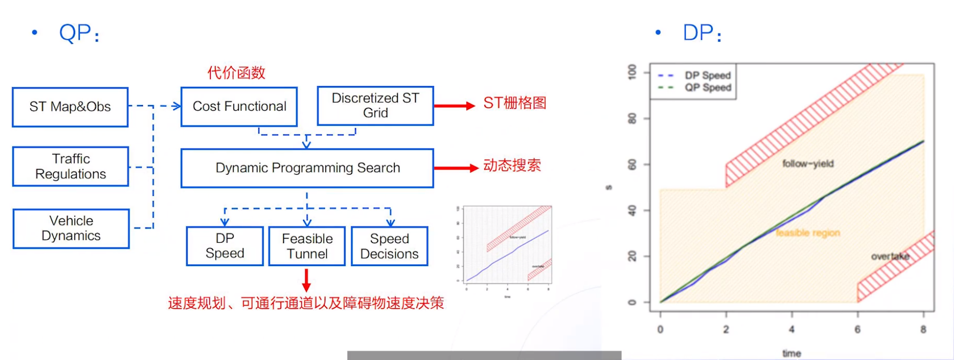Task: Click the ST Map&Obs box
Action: pos(70,107)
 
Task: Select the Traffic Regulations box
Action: pos(71,167)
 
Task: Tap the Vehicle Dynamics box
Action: pos(71,228)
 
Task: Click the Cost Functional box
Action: pos(239,107)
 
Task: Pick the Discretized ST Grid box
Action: pos(375,106)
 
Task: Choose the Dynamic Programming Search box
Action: pos(307,168)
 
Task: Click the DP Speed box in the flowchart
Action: pos(225,246)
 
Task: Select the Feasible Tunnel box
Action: pos(307,246)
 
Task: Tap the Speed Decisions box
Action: pos(389,246)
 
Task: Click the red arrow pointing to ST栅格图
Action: pos(454,106)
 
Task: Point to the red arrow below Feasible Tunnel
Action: pos(306,280)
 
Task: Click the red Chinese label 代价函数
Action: pos(236,73)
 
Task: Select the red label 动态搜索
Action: pos(512,166)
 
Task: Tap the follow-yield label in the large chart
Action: pos(808,163)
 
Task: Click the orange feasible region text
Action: pos(808,233)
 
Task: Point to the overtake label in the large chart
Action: pos(889,256)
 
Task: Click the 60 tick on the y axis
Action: pos(632,165)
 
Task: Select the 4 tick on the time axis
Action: pos(791,329)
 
